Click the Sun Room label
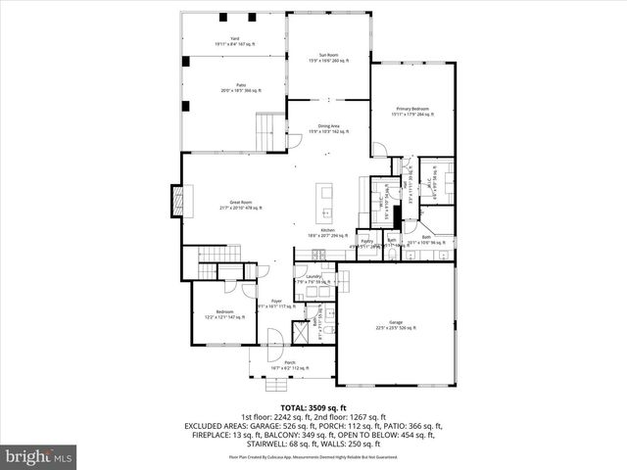(x=328, y=56)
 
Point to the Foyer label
(x=276, y=303)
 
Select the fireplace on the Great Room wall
(x=176, y=202)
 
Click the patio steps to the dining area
(x=266, y=128)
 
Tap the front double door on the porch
(x=275, y=340)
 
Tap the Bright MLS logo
(x=40, y=455)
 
